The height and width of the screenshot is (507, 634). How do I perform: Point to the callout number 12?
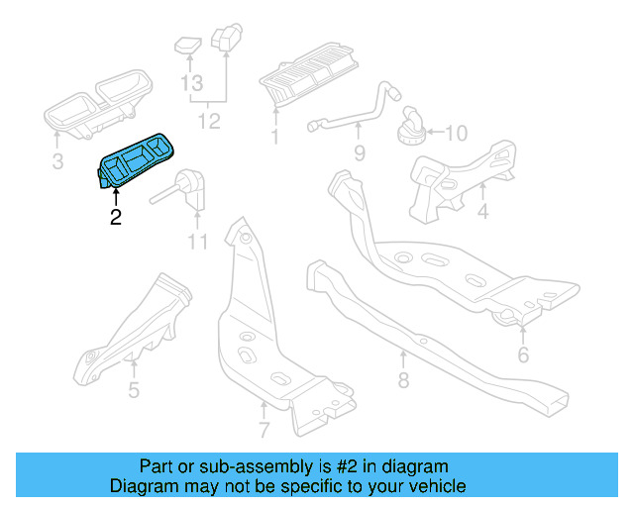tap(209, 122)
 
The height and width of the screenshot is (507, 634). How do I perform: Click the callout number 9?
tap(359, 152)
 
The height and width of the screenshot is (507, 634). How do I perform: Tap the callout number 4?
tap(482, 212)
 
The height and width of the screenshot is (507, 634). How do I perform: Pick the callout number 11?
tap(197, 242)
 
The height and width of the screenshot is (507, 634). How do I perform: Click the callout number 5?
tap(134, 389)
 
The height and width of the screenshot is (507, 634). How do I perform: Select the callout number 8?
tap(403, 380)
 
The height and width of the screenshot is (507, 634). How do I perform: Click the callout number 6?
tap(522, 355)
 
